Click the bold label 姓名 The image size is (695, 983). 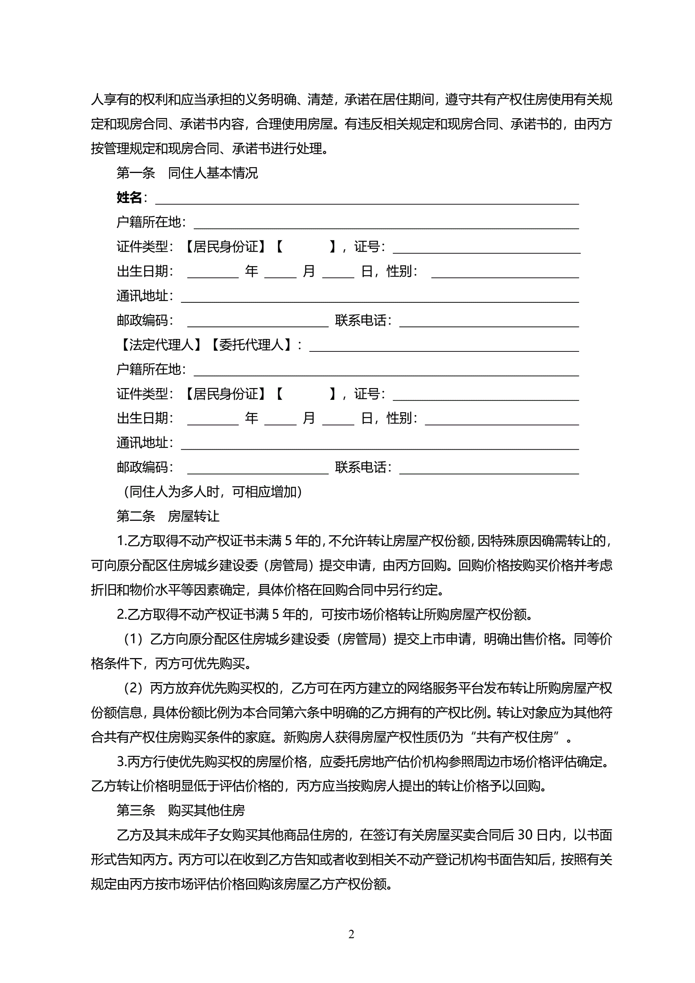coord(129,198)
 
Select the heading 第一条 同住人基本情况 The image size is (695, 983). coord(187,173)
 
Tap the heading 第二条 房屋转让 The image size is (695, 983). coord(168,516)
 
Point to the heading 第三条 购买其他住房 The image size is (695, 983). coord(181,810)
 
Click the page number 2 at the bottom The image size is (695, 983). coord(351,934)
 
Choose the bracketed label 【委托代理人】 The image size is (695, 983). coord(251,345)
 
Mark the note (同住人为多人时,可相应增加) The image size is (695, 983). coord(213,492)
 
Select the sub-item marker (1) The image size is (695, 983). coord(133,639)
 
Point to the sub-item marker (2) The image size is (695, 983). coord(133,688)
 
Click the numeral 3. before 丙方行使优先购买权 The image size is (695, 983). coord(121,762)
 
